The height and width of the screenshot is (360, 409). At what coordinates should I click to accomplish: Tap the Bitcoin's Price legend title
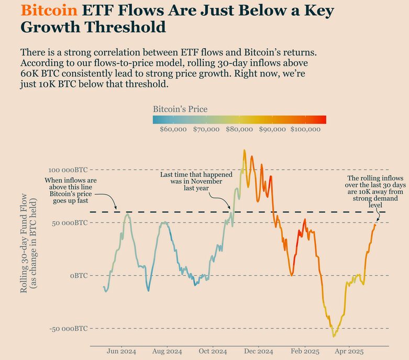tap(180, 109)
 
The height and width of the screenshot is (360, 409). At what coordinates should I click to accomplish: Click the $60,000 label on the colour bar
tap(173, 129)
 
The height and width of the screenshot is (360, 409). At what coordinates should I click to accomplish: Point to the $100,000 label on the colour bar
tap(305, 129)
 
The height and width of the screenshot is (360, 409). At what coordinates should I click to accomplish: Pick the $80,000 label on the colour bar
tap(239, 129)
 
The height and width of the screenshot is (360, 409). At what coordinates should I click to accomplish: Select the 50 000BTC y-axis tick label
tap(71, 223)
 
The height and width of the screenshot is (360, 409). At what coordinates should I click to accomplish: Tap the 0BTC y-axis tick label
tap(79, 276)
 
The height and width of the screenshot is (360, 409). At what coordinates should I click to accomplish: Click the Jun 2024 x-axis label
tap(121, 352)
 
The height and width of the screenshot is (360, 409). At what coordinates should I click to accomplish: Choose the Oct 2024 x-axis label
tap(213, 352)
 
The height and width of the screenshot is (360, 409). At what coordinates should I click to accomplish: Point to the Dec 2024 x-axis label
tap(259, 352)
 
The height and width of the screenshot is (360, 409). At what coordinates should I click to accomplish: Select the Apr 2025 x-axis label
tap(349, 352)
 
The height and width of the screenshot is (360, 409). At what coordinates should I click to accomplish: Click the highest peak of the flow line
tap(244, 151)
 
